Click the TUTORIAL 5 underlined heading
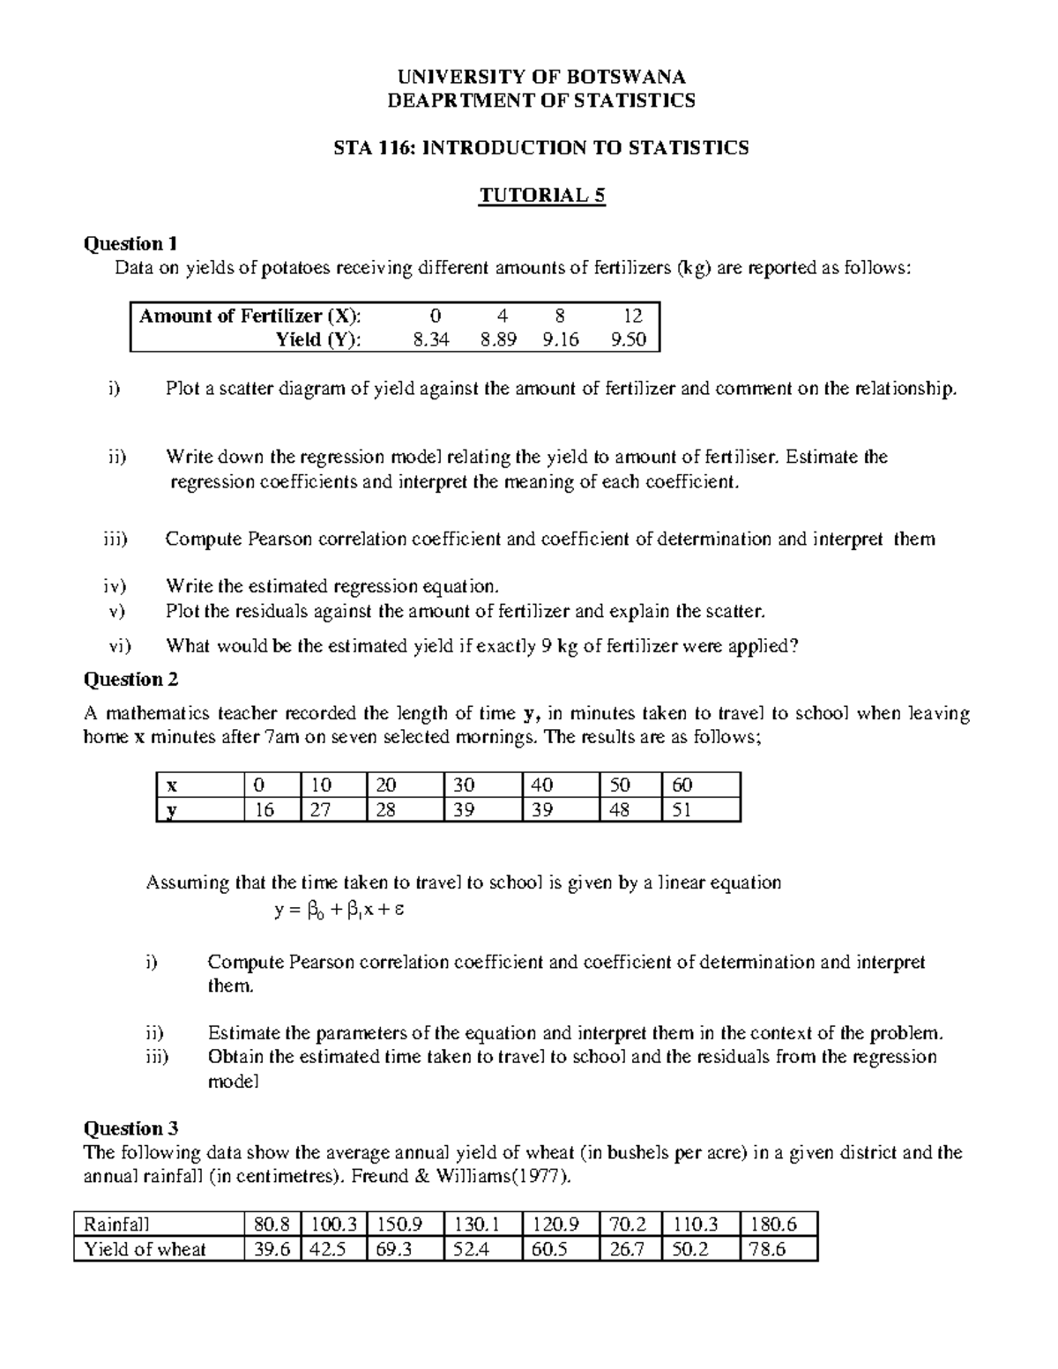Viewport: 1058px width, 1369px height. (x=541, y=195)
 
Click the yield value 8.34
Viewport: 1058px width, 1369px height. (x=431, y=339)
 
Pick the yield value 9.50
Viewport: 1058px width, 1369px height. (x=628, y=339)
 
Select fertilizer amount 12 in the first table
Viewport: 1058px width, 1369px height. (x=632, y=316)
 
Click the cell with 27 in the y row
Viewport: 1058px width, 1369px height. (x=320, y=809)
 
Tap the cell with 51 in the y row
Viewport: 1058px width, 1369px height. (x=682, y=809)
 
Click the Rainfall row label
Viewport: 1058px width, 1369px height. (x=116, y=1224)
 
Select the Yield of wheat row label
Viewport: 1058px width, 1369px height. (x=145, y=1248)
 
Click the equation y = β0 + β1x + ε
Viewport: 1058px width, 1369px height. (x=339, y=911)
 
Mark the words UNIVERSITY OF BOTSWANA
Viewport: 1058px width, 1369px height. (x=541, y=77)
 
